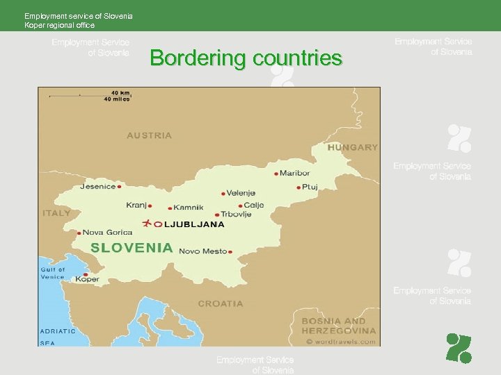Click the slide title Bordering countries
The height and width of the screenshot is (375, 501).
click(x=246, y=58)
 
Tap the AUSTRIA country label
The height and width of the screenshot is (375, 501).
click(x=149, y=135)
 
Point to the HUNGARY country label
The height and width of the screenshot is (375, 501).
click(x=353, y=147)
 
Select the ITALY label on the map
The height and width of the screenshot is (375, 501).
click(x=56, y=212)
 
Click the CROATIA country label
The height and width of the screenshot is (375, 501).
click(x=221, y=303)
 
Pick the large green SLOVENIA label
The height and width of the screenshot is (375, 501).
click(x=132, y=247)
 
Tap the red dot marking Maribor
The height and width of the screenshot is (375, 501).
click(x=276, y=174)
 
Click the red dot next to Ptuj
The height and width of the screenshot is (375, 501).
click(x=299, y=187)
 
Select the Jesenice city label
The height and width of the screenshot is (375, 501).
click(x=98, y=186)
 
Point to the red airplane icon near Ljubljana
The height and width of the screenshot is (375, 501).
click(x=147, y=224)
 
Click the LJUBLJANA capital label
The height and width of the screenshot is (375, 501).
click(x=193, y=224)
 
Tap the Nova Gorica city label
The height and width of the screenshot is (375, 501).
click(x=106, y=233)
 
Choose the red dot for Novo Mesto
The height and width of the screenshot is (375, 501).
click(x=230, y=251)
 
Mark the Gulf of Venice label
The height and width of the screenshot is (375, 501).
click(x=52, y=273)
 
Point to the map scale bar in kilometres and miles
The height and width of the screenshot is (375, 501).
click(x=90, y=95)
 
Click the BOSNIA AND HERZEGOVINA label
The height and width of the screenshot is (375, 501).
click(x=339, y=326)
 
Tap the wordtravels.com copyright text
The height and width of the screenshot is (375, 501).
click(x=340, y=341)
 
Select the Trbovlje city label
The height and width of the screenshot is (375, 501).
click(x=236, y=215)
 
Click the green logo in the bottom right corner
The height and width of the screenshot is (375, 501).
click(x=459, y=348)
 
